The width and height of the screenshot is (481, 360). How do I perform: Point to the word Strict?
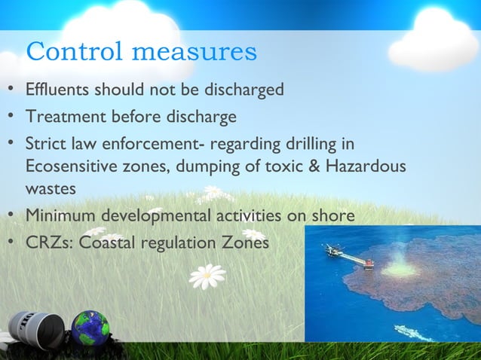[x=44, y=143]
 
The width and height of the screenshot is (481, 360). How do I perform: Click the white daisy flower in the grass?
[x=207, y=275]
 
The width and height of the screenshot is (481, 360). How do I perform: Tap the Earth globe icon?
[x=90, y=329]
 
